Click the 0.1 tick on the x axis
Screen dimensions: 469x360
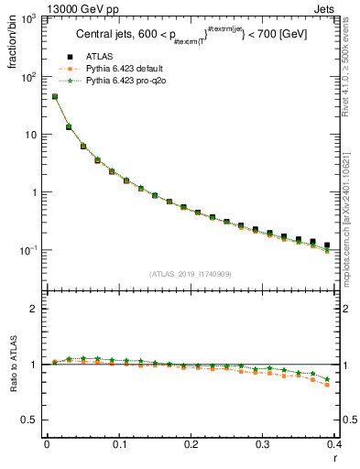(x=119, y=445)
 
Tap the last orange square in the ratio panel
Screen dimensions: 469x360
(x=328, y=385)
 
